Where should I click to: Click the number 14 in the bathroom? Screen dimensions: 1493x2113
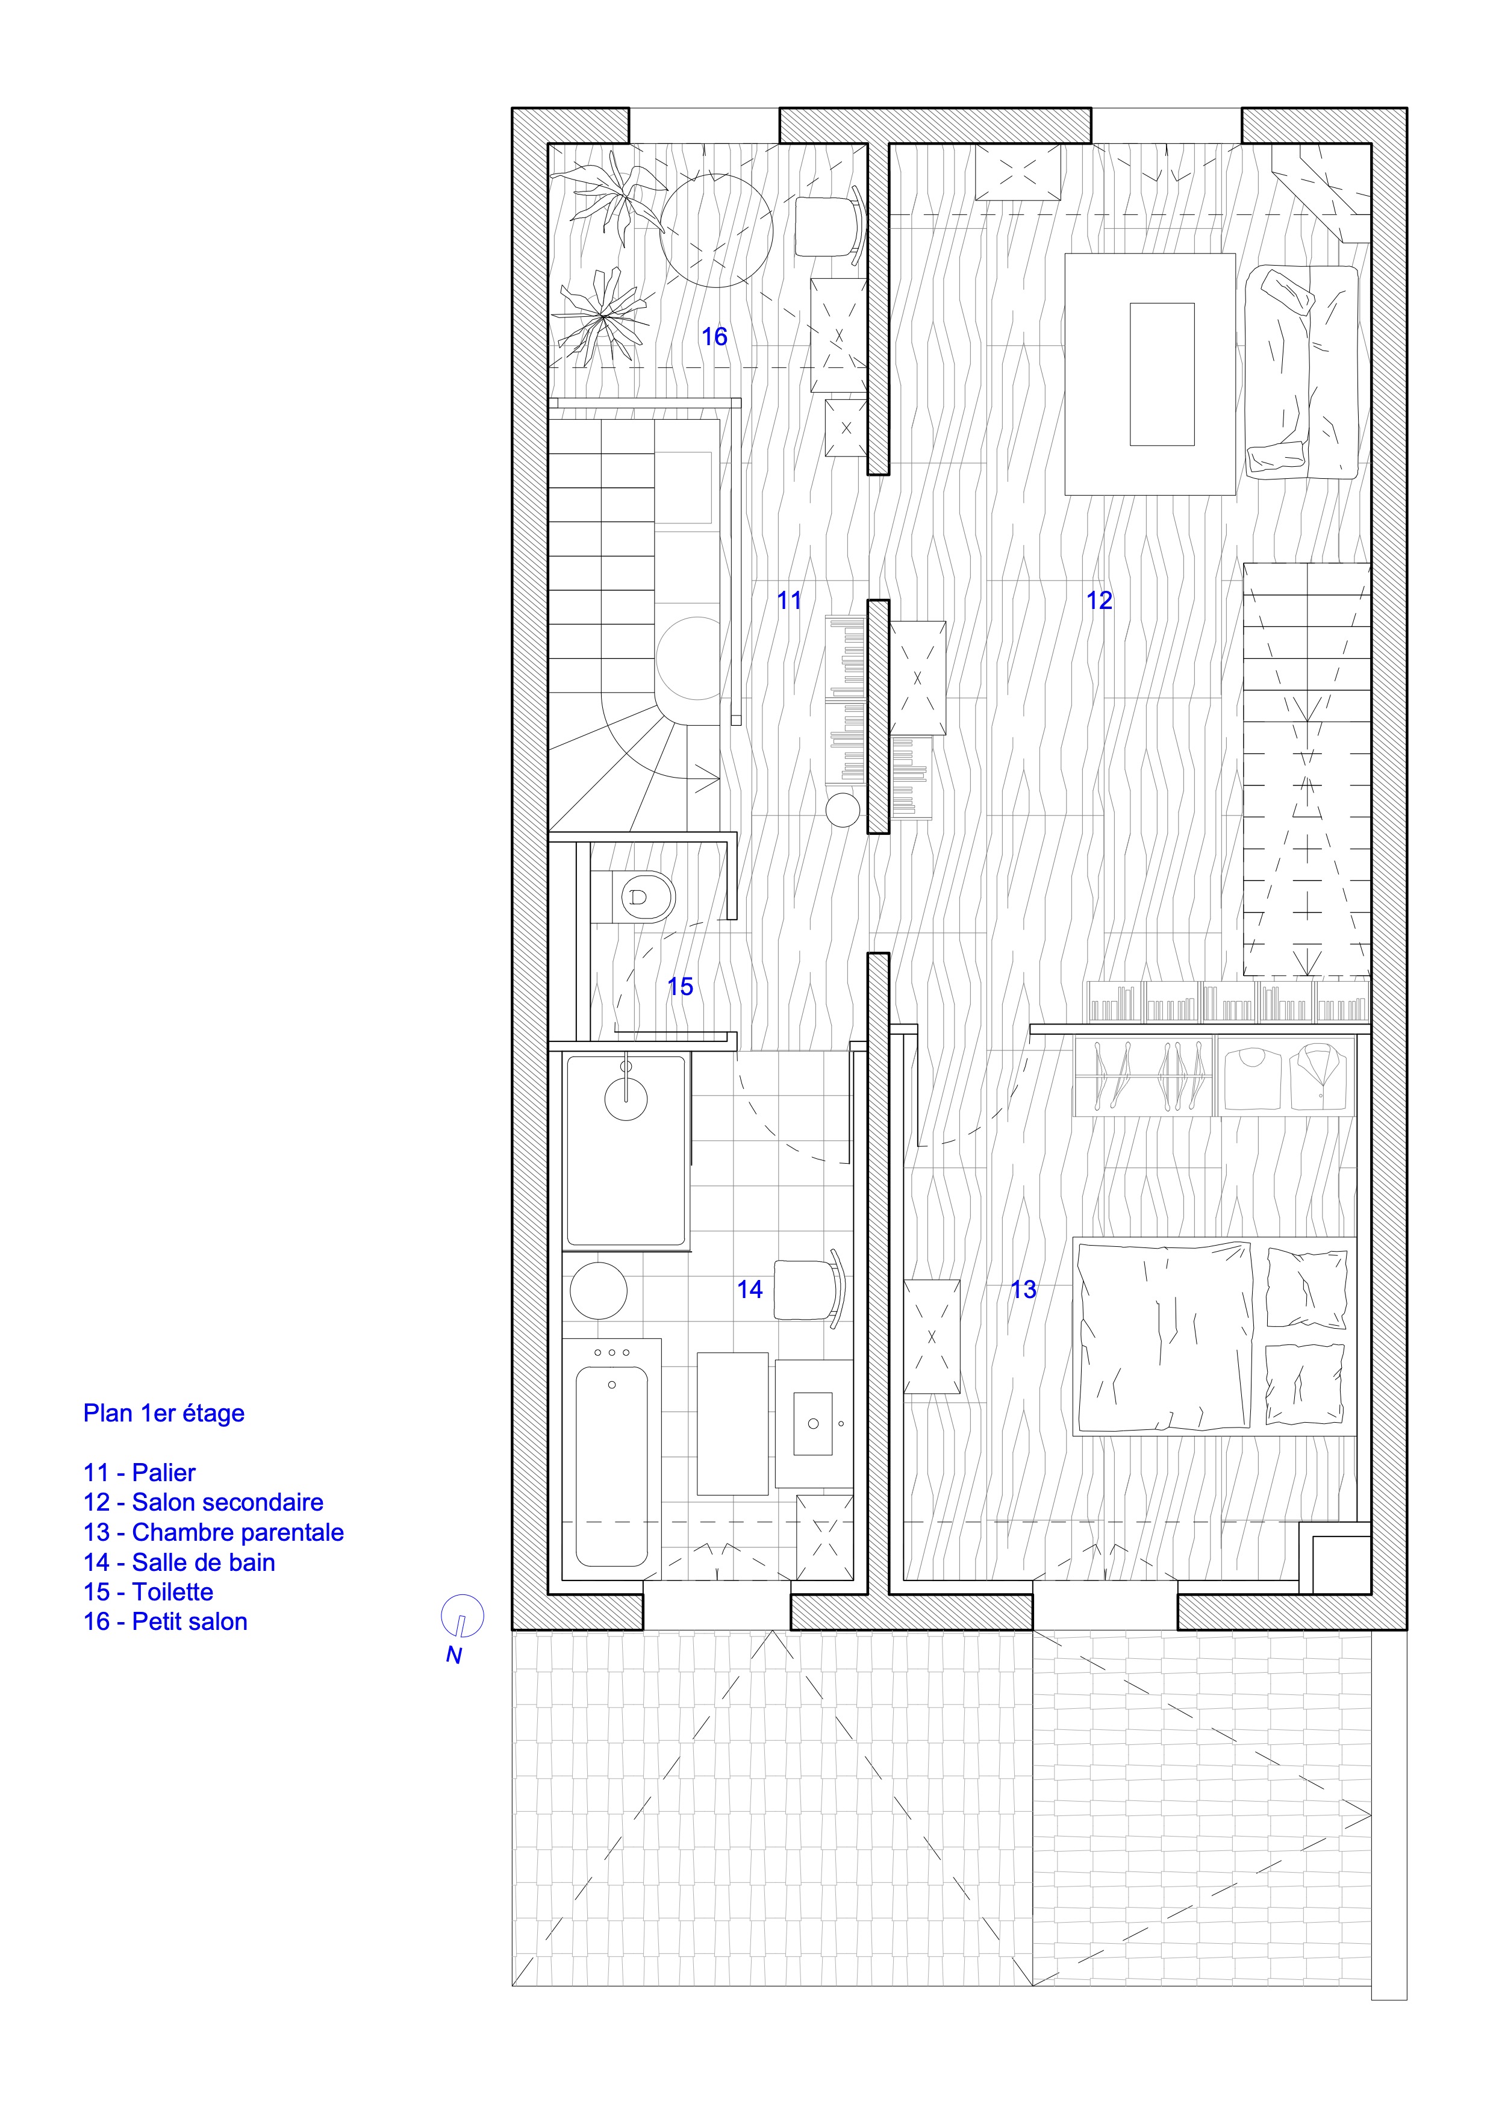pos(750,1290)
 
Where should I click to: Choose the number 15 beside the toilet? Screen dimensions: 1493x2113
pos(680,987)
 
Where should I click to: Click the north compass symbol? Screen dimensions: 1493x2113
pos(462,1616)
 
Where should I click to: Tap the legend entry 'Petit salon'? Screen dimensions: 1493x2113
pos(190,1621)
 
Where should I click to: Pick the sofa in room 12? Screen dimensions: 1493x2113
pos(1301,372)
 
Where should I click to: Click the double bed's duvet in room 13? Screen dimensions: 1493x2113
pos(1164,1336)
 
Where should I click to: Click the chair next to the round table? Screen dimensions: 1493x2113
pos(828,225)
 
